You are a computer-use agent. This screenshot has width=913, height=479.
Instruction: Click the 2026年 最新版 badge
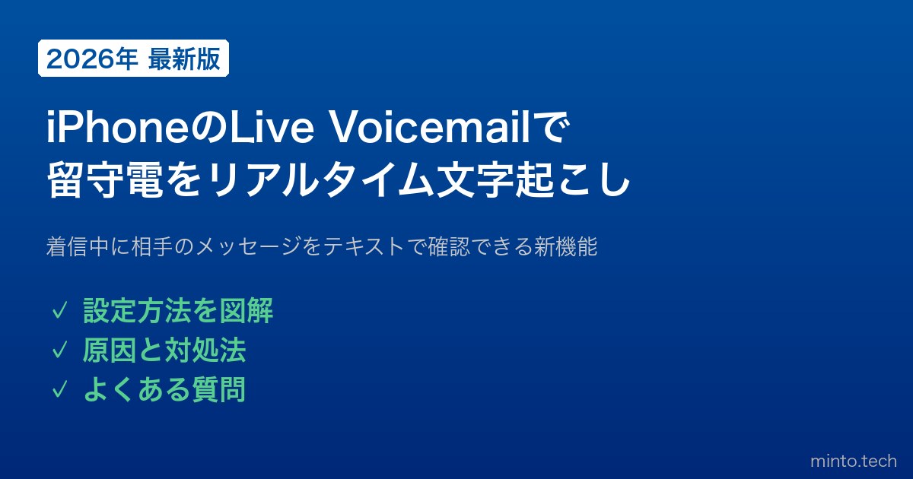[x=133, y=59]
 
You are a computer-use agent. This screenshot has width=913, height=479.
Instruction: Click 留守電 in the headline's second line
[x=105, y=179]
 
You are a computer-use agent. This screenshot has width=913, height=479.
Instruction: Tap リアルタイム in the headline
[x=320, y=179]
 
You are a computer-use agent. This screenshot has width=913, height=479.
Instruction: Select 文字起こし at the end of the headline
[x=534, y=179]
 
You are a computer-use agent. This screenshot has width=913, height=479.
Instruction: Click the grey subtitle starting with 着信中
[x=322, y=246]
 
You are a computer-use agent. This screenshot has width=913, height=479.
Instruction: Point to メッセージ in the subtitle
[x=248, y=246]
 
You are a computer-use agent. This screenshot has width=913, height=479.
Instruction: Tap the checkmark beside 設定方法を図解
[x=59, y=312]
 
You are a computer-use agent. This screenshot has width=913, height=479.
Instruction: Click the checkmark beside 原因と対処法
[x=59, y=351]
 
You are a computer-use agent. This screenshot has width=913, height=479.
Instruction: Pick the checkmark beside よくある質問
[x=59, y=389]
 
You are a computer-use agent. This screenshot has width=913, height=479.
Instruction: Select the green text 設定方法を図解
[x=178, y=311]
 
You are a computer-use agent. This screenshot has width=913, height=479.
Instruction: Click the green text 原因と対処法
[x=164, y=350]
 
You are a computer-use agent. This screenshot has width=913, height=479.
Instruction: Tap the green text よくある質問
[x=164, y=389]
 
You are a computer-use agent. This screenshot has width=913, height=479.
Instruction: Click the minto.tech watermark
[x=854, y=461]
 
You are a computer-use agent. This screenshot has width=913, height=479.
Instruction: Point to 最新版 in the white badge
[x=184, y=59]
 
